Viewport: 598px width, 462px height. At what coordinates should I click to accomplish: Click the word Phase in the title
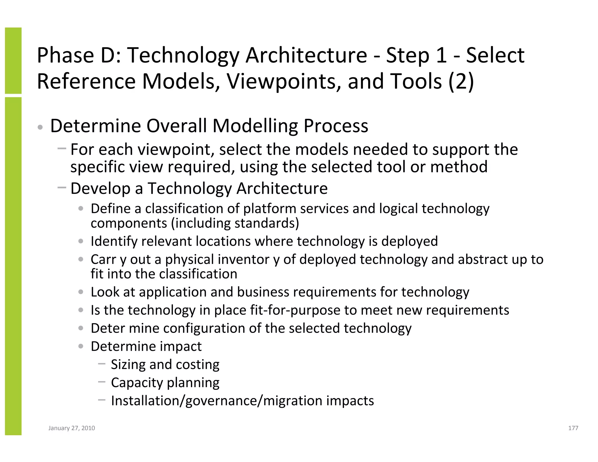[x=65, y=55]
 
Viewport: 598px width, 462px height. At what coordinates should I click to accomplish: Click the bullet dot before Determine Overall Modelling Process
[x=40, y=128]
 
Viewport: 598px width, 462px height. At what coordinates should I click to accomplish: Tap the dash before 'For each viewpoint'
[x=62, y=148]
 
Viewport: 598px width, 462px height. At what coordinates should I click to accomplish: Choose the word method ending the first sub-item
[x=459, y=167]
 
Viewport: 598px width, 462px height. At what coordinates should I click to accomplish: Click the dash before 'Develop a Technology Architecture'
[x=62, y=187]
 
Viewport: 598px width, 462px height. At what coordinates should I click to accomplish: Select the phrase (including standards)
[x=235, y=223]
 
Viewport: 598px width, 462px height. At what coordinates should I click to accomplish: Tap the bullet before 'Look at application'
[x=81, y=292]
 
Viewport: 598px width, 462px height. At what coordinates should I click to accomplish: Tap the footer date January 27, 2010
[x=72, y=428]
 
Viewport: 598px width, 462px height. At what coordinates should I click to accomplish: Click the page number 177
[x=573, y=428]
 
